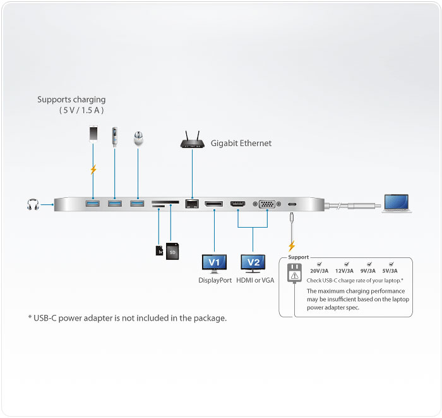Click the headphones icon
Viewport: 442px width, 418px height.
coord(32,204)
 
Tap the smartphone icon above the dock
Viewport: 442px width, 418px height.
coord(93,135)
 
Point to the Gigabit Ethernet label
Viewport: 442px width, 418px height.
coord(241,144)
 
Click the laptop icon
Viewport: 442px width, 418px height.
coord(395,204)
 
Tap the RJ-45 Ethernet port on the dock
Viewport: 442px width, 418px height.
coord(191,204)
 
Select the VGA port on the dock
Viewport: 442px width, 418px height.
coord(267,204)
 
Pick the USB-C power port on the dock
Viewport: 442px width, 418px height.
coord(292,204)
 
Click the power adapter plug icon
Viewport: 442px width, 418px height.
coord(294,273)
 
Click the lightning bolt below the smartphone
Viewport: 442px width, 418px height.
coord(93,169)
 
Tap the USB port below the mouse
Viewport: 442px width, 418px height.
coord(137,203)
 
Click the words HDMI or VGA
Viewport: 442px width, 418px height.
coord(255,280)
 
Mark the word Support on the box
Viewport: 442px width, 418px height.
coord(299,257)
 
